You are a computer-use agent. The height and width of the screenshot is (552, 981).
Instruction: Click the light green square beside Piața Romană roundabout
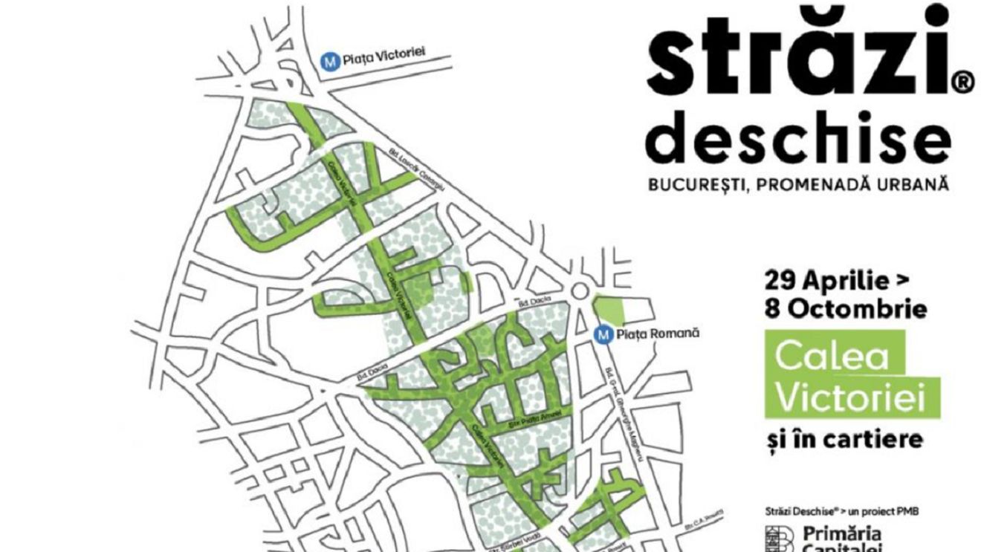point(609,308)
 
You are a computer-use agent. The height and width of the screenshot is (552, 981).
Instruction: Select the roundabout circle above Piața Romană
point(580,292)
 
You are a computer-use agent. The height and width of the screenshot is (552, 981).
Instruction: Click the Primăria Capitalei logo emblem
point(780,539)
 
